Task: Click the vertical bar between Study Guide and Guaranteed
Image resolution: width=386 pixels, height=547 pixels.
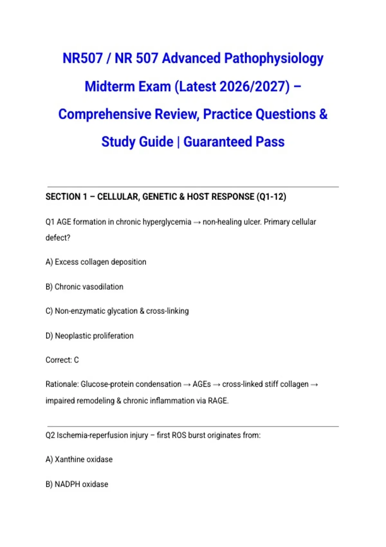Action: tap(178, 142)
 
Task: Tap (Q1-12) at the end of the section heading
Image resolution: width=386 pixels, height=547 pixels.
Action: tap(271, 197)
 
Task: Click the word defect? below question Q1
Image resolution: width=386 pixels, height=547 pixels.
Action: tap(58, 238)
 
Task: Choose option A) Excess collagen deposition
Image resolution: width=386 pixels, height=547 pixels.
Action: tap(96, 262)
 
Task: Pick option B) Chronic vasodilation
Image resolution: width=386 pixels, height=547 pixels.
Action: tap(84, 287)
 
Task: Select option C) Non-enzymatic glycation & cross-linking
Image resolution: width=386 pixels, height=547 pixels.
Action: tap(117, 311)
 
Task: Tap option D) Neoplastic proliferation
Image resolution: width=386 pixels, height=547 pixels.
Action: tap(89, 336)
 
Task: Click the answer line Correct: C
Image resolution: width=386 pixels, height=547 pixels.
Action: tap(62, 360)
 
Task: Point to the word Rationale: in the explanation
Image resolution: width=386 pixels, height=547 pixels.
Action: tap(62, 384)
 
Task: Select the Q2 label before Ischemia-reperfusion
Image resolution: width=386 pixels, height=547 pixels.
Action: tap(51, 435)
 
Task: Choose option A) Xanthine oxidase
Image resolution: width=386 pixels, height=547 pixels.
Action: tap(79, 459)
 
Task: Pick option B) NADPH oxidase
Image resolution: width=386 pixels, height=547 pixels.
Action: tap(77, 484)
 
